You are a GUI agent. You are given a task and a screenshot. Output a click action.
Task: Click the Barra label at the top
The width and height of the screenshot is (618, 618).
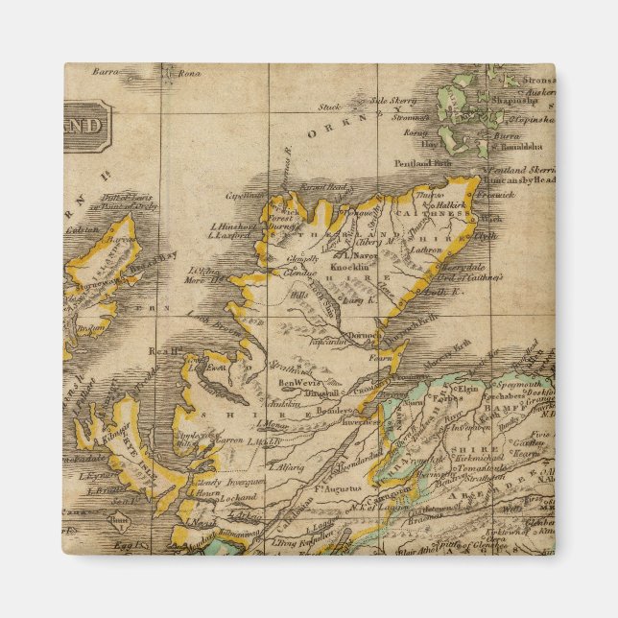tap(104, 71)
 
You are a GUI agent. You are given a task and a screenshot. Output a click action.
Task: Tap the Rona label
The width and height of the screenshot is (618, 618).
tap(189, 71)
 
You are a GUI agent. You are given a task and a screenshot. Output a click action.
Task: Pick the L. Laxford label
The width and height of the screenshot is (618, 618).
tap(230, 234)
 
